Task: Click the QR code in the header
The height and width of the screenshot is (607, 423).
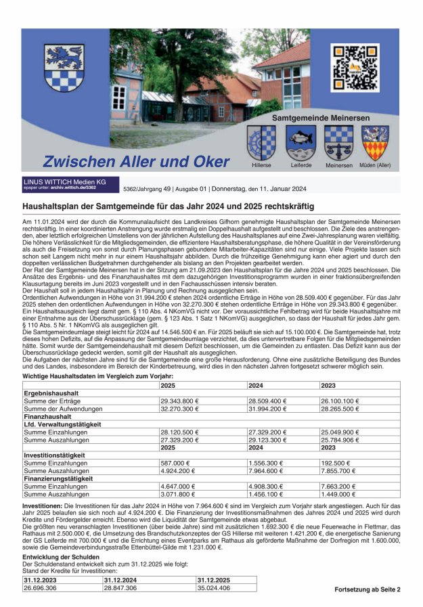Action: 355,68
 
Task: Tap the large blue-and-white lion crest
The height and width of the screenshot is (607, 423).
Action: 64,69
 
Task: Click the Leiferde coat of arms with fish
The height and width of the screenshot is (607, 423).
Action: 300,143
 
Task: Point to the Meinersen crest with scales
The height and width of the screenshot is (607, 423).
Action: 338,143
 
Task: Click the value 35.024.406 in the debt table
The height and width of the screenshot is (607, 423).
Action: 215,588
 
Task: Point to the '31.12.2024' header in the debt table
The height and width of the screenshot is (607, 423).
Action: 121,580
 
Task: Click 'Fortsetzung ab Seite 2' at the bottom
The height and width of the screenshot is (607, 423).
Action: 367,590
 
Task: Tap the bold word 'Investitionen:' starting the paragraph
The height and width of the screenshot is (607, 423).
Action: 44,505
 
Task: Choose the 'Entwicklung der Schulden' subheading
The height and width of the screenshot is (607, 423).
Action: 62,556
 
